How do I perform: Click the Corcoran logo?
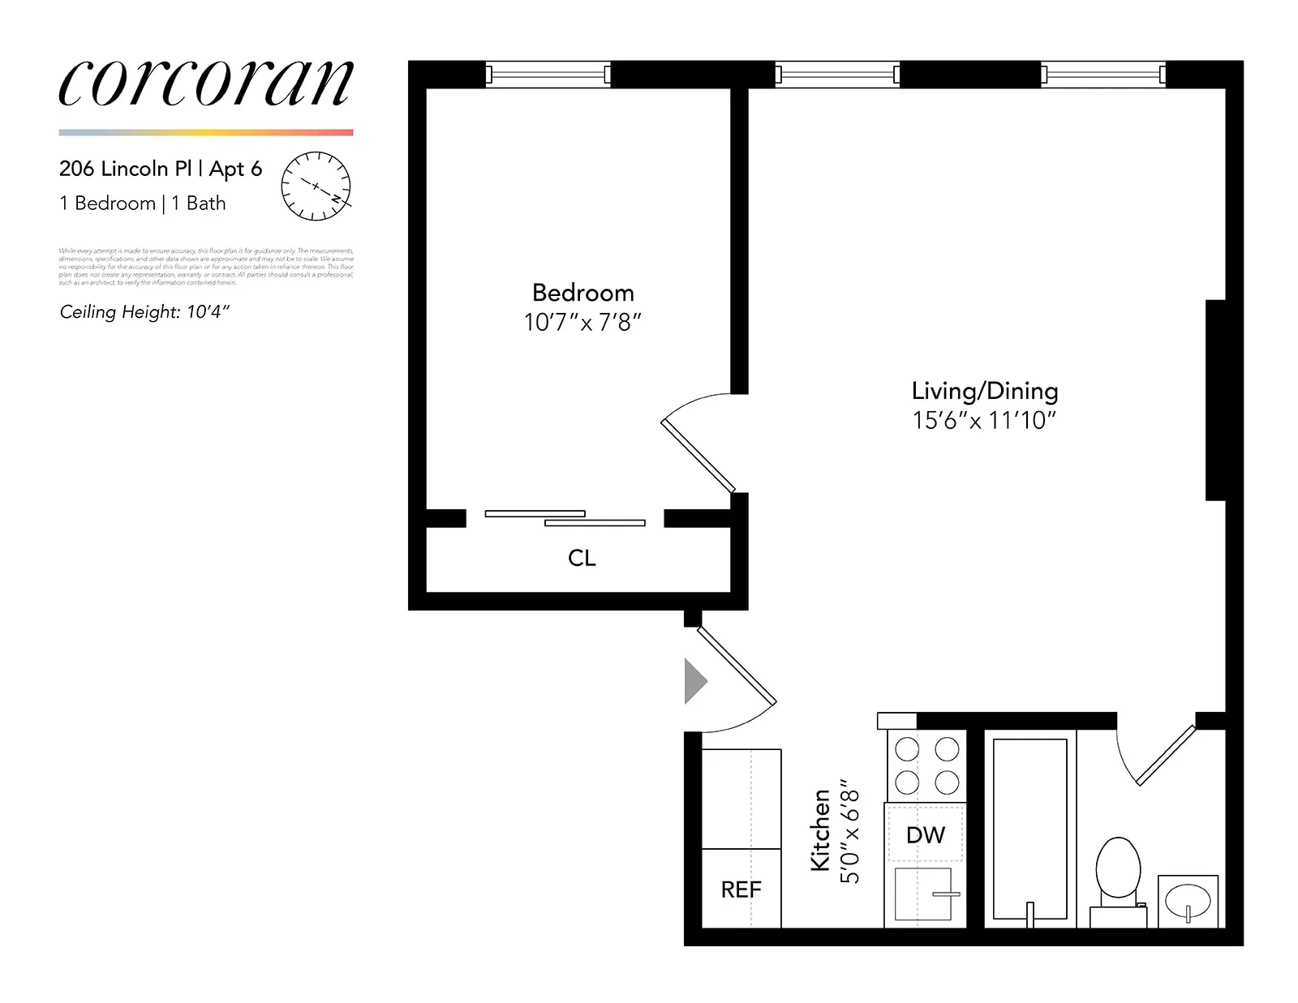point(206,84)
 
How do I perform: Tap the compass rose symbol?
point(316,186)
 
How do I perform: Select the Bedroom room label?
point(582,293)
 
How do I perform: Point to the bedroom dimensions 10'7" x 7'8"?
point(582,323)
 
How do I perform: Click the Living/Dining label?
point(984,391)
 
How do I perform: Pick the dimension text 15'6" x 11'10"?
point(984,421)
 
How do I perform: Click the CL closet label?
point(582,558)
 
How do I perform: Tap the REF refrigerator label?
point(741,889)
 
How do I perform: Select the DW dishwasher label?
point(925,834)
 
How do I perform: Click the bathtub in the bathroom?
point(1029,827)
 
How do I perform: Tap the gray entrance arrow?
point(694,681)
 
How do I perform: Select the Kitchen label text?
point(820,829)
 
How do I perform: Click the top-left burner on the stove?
point(907,750)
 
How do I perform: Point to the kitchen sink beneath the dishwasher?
point(922,894)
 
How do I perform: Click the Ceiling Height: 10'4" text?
point(144,312)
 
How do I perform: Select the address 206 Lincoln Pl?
point(125,169)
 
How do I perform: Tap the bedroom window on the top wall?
point(548,75)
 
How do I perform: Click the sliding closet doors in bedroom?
point(565,518)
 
